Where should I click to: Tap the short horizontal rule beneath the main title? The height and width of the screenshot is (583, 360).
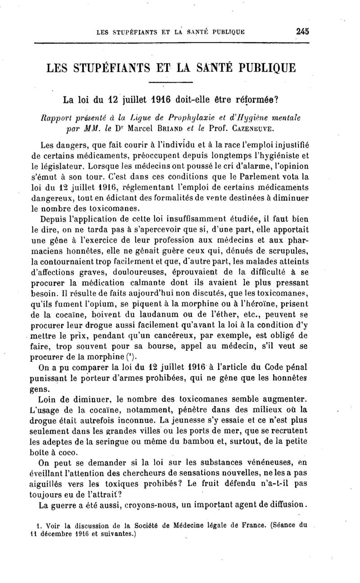(170, 82)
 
